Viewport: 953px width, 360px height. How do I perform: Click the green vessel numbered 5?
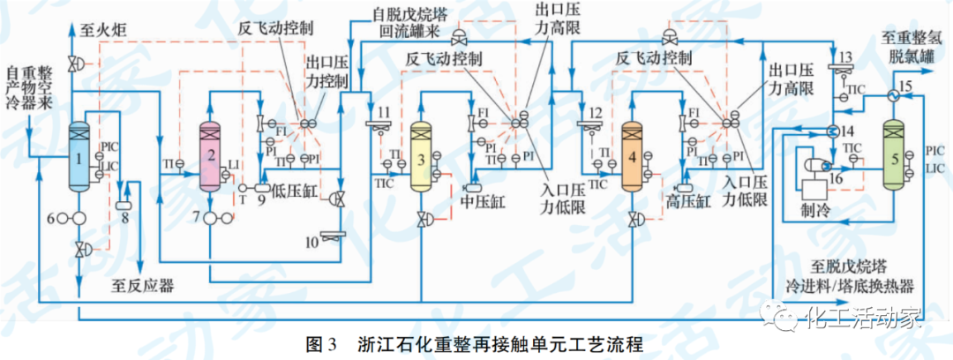[896, 159]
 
